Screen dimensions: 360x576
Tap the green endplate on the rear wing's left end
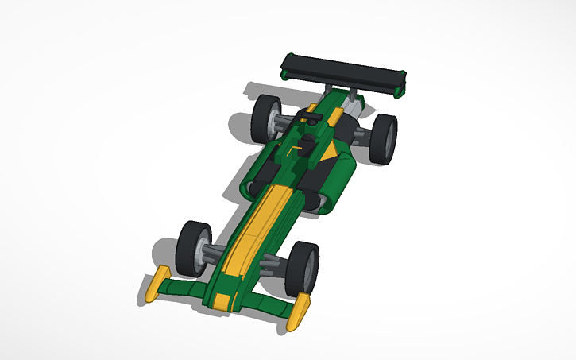click(285, 74)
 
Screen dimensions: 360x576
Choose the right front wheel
click(303, 269)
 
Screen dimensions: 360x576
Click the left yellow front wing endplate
click(159, 284)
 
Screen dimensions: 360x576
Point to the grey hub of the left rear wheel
click(275, 121)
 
